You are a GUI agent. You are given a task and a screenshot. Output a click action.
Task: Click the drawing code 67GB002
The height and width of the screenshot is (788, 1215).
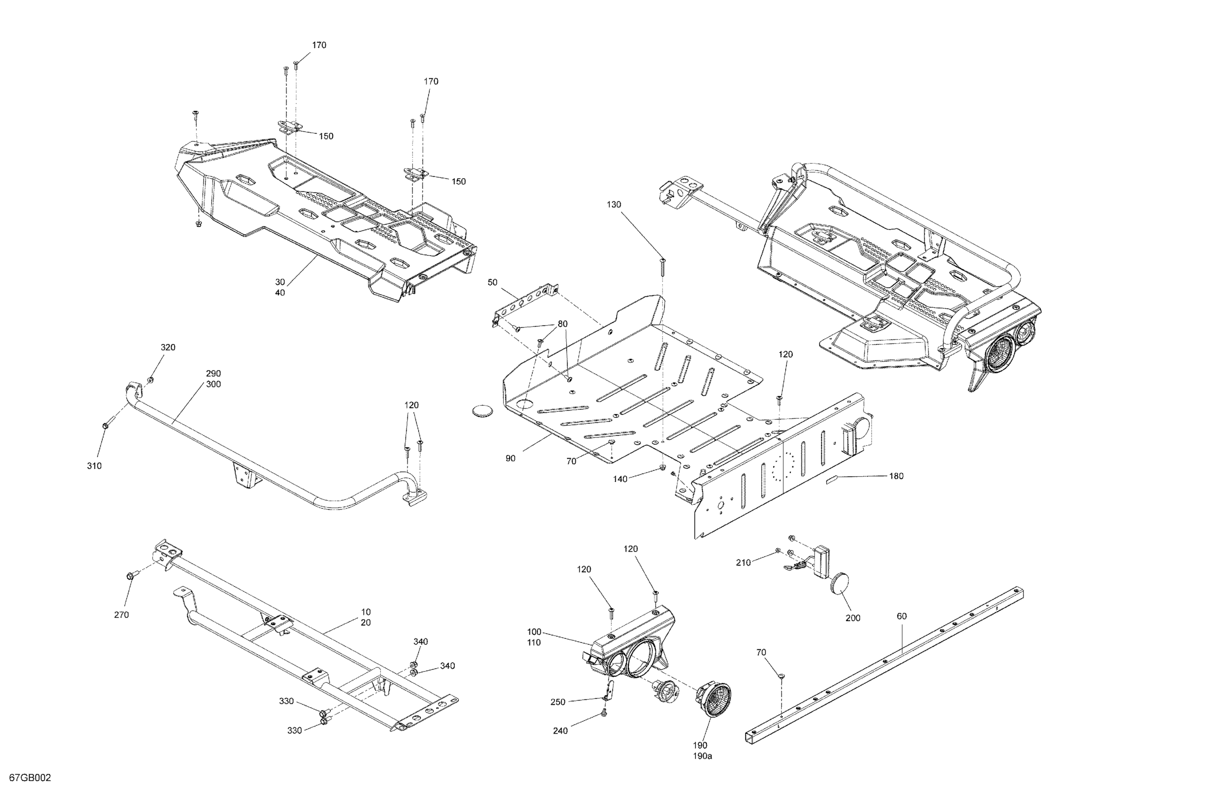click(x=30, y=778)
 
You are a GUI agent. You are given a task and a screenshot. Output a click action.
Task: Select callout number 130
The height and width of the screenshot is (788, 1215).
click(x=614, y=205)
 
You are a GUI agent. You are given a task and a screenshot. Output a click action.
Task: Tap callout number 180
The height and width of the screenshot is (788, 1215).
click(x=896, y=476)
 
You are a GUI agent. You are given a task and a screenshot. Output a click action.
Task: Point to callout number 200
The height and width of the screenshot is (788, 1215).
click(x=853, y=618)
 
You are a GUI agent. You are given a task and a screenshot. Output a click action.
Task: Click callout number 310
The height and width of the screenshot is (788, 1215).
click(x=94, y=466)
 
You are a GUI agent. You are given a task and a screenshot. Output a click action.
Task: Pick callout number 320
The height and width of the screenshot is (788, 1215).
click(x=168, y=347)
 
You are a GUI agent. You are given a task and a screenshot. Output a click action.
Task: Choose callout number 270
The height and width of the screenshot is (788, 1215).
click(x=122, y=615)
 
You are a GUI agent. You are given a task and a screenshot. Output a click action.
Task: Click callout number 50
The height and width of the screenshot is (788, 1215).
click(x=492, y=282)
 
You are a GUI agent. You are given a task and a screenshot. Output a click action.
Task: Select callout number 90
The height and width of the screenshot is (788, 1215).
click(x=511, y=459)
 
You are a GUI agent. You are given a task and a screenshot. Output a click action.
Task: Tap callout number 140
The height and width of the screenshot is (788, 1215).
click(x=620, y=478)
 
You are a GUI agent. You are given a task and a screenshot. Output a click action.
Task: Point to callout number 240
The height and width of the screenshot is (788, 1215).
click(x=560, y=731)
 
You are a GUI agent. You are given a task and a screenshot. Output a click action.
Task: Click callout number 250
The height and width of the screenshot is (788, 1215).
click(x=558, y=702)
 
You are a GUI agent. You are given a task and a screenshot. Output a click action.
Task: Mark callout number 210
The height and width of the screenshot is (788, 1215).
click(x=743, y=562)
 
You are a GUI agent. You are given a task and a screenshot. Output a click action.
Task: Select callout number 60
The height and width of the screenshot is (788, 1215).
click(x=902, y=616)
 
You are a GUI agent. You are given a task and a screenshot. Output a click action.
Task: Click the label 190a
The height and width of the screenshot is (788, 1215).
click(x=702, y=756)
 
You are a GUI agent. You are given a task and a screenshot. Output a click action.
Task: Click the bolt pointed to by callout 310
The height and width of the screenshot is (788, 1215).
click(x=106, y=425)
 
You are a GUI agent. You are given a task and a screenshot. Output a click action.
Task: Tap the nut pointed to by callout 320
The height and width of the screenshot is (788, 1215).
click(x=151, y=380)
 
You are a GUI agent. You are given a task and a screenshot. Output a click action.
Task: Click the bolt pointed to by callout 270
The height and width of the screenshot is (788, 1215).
click(x=130, y=576)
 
